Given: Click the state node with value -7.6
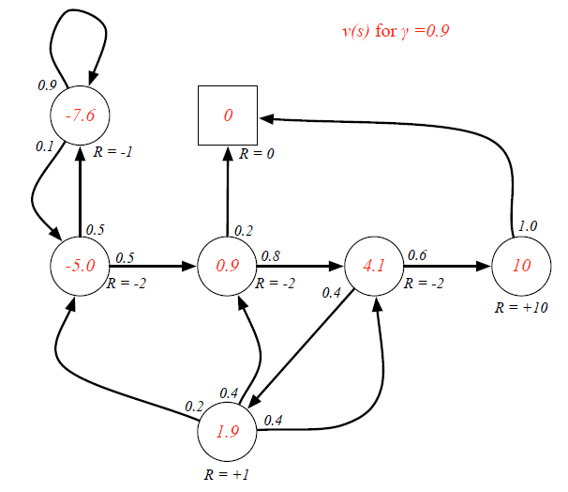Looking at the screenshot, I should [x=80, y=115].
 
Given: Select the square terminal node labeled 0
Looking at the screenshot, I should [x=228, y=115].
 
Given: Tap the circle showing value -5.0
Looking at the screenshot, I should [x=80, y=265].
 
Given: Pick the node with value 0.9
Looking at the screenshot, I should [x=227, y=265].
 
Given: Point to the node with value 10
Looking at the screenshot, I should [x=522, y=265].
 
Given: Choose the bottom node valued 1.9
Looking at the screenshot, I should [x=227, y=434].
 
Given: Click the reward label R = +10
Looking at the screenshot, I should [x=520, y=307].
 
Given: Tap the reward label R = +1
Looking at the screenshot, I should [x=227, y=475].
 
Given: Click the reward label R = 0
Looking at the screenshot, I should [x=256, y=152].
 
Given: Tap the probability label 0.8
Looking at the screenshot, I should [x=271, y=254].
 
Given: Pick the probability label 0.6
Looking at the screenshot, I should [x=417, y=254].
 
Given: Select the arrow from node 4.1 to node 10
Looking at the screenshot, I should [x=448, y=266].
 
